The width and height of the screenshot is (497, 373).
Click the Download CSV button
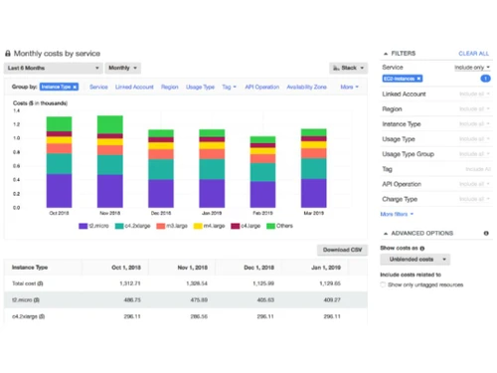tap(343, 250)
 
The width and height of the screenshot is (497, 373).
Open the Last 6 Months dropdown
tap(54, 68)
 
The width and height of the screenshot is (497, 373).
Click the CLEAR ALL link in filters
tap(473, 53)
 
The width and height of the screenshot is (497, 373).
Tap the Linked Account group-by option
tap(134, 88)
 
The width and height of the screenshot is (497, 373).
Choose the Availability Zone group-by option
tap(307, 88)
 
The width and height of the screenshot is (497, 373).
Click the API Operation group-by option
tap(261, 88)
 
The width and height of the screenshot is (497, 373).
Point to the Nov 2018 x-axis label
tap(110, 212)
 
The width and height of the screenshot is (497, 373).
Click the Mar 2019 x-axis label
tap(313, 212)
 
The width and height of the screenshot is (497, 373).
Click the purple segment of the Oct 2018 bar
tap(60, 189)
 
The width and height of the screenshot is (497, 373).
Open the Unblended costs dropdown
tap(414, 260)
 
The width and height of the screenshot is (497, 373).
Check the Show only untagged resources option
tap(385, 284)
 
